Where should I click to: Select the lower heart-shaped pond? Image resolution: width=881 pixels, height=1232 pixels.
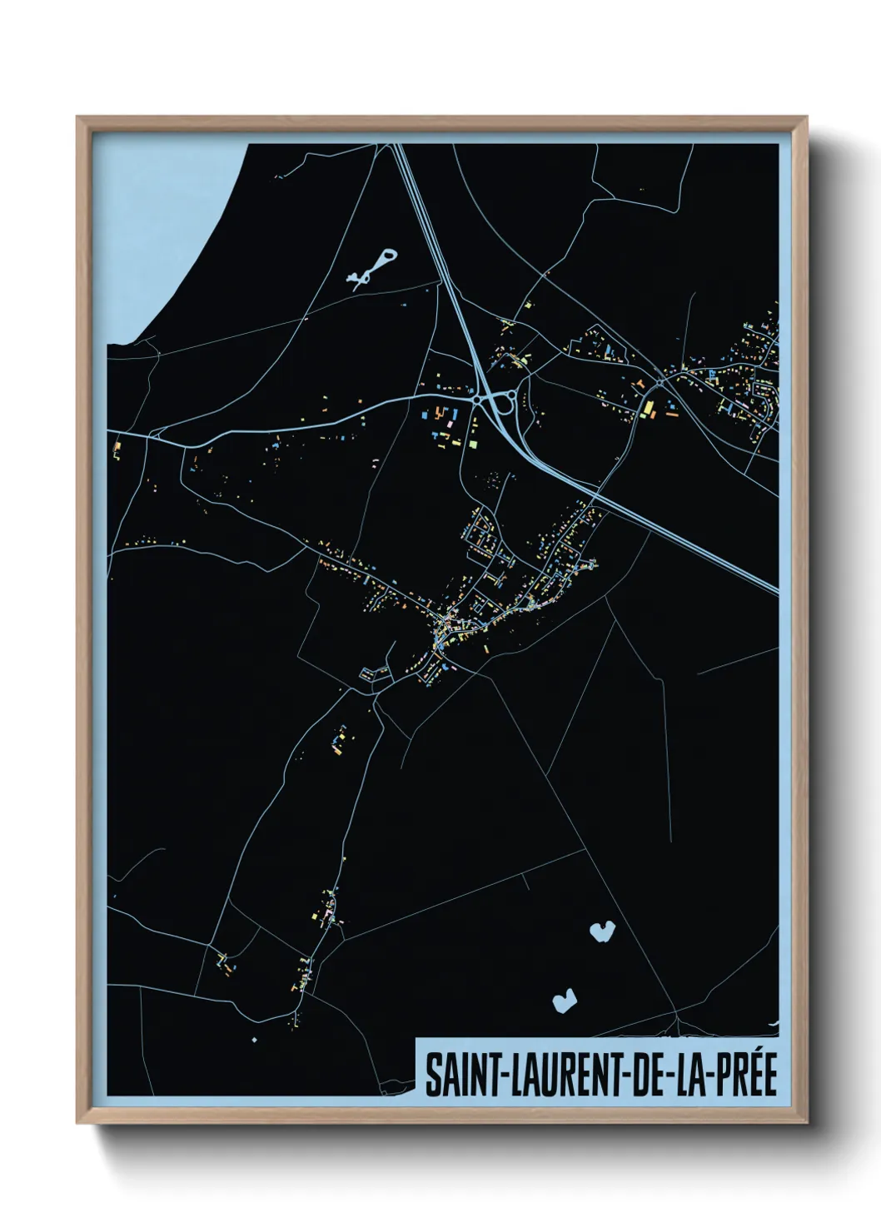564,999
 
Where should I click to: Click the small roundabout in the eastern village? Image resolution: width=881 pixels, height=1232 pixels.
660,381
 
